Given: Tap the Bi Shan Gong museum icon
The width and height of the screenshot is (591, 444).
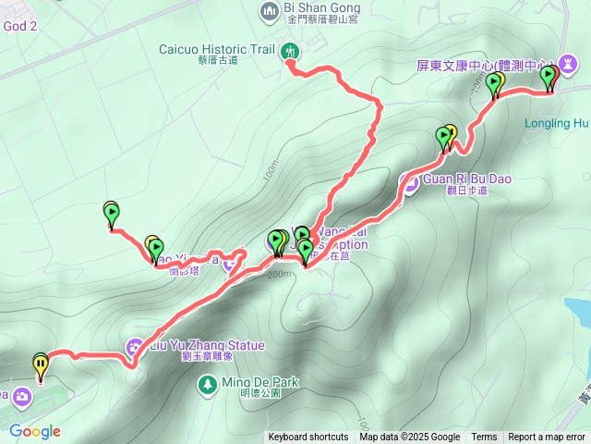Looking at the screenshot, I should [270, 10].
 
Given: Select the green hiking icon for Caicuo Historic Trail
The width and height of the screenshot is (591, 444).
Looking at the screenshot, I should [290, 50].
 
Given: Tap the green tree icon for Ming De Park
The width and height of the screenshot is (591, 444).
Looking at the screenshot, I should [207, 382].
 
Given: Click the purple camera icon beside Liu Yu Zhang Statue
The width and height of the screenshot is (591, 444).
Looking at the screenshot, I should [135, 348].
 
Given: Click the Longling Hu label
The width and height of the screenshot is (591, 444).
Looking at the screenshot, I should [556, 121].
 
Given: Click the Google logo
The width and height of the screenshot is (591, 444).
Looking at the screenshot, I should [35, 431].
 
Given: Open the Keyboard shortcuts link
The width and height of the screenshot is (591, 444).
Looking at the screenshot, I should [308, 438].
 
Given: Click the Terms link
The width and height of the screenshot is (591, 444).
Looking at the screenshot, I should [484, 438].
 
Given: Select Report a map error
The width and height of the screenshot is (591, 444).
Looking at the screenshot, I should [547, 438].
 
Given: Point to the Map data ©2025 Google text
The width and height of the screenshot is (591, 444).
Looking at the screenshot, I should [410, 438].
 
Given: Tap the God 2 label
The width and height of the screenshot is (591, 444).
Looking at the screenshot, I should [19, 26].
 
